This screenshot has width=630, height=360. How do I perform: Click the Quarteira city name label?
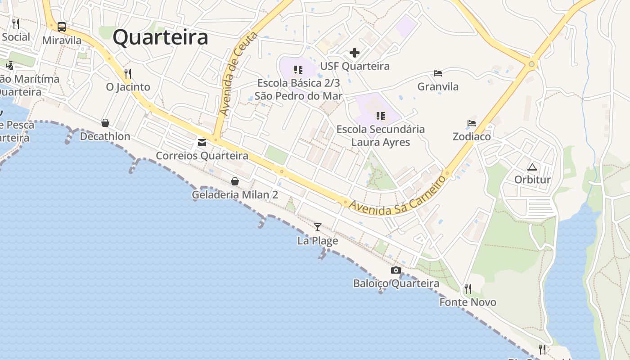[160, 37]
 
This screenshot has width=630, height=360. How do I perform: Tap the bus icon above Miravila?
[62, 27]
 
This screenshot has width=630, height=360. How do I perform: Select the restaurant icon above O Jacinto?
[128, 73]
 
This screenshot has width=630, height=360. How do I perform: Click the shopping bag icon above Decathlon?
[105, 123]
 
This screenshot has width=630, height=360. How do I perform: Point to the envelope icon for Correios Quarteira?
[202, 143]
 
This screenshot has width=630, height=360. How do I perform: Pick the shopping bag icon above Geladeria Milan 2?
[235, 181]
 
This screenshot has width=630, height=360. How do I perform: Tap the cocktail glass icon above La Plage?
[318, 227]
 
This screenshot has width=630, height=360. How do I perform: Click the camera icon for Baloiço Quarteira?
[396, 270]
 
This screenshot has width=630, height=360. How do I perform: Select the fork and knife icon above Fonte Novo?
[468, 288]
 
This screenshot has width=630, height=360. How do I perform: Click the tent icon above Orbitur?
[532, 167]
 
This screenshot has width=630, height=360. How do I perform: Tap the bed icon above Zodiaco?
[472, 123]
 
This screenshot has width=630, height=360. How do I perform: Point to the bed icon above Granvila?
[438, 73]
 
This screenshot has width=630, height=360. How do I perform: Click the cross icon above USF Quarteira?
[355, 53]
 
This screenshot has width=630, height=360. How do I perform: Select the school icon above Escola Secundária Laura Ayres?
[381, 116]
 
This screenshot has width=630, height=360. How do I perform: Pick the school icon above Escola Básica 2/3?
[298, 70]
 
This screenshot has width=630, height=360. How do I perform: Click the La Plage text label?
[318, 241]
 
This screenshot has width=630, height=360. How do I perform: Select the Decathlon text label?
[105, 136]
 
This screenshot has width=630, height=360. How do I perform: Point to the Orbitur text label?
[532, 180]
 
